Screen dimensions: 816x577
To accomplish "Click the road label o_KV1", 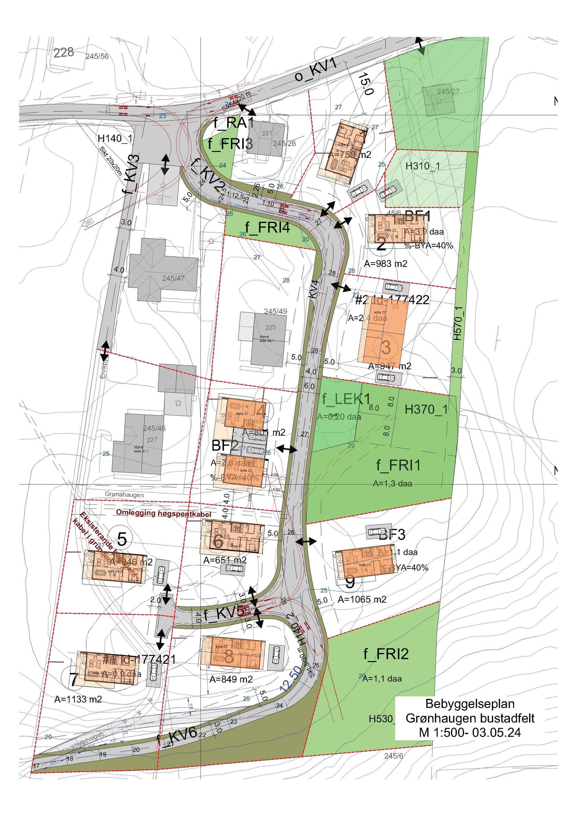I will tap(316, 70).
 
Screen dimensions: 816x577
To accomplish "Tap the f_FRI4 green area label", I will tap(267, 228).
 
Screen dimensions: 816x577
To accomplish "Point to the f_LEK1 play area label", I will tap(346, 399).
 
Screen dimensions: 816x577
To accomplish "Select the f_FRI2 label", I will tap(386, 653).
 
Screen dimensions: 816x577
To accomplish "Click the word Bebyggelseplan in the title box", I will tap(470, 703).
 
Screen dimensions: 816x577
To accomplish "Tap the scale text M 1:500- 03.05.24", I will tap(470, 732).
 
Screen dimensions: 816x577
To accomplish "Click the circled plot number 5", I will tap(122, 539).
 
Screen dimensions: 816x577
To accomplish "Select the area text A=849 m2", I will tap(231, 679).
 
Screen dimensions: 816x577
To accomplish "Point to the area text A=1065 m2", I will tap(362, 599).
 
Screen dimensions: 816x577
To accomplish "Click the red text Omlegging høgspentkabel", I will tap(163, 513).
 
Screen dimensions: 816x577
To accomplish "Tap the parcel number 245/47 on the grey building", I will tap(173, 278).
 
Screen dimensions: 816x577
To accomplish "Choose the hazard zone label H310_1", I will tap(423, 166).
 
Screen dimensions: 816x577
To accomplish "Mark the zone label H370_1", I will tap(426, 409).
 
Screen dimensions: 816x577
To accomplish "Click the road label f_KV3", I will tap(131, 174).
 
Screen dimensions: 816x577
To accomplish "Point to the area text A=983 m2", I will tap(386, 264).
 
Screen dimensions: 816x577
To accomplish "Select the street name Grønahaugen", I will tap(124, 494).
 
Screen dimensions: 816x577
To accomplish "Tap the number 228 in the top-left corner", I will tap(64, 53).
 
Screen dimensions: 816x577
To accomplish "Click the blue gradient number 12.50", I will tap(291, 679).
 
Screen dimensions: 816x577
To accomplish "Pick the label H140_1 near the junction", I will tap(115, 138).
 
